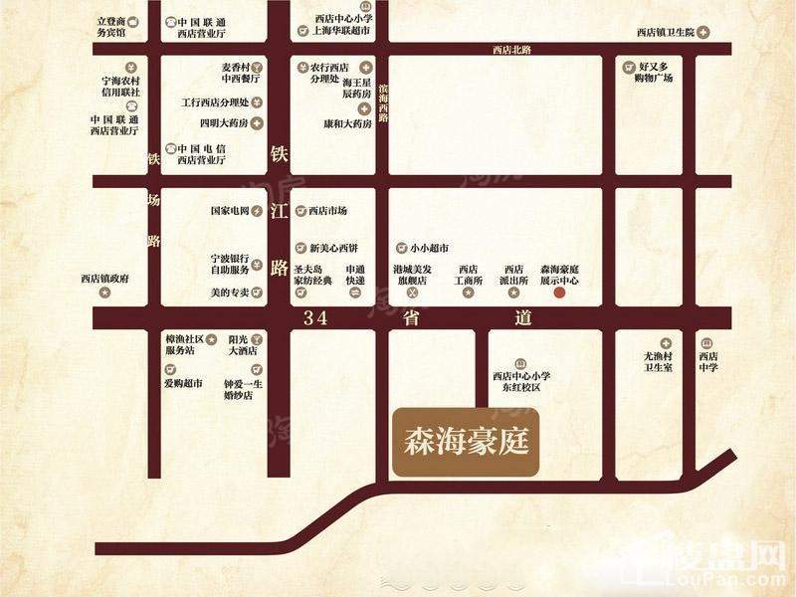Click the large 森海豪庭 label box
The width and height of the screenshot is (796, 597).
(466, 440)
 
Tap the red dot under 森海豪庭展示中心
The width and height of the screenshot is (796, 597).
(559, 294)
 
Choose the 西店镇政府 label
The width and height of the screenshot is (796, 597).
(105, 279)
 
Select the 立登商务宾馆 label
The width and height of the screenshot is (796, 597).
(111, 26)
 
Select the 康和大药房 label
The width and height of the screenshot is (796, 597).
(346, 124)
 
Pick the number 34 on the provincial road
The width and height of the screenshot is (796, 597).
(315, 318)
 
